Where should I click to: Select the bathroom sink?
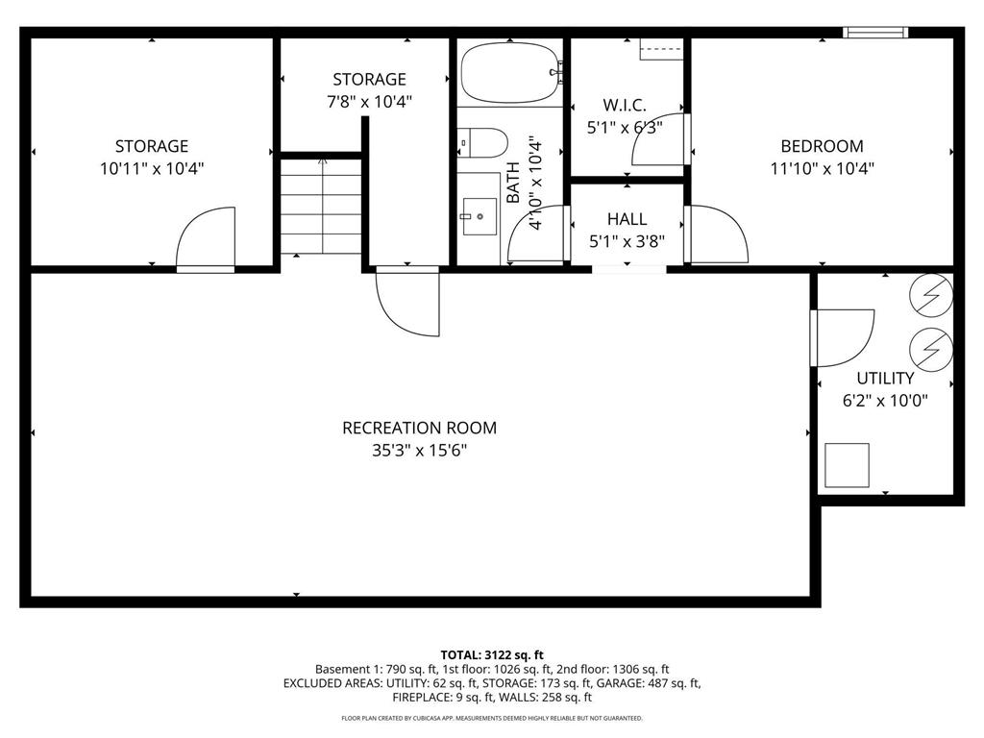click(x=479, y=216)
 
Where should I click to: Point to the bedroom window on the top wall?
click(x=875, y=33)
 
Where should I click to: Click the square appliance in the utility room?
click(x=847, y=465)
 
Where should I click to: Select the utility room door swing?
click(x=842, y=336)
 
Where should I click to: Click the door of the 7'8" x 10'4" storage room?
click(x=408, y=303)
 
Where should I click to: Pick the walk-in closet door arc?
click(x=660, y=141)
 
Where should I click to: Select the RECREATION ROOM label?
click(x=419, y=428)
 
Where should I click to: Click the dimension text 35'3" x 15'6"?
click(x=419, y=450)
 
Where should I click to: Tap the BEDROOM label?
click(x=822, y=146)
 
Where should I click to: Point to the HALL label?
click(x=627, y=220)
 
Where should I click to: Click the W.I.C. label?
click(x=625, y=105)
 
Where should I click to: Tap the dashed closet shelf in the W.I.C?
click(x=661, y=49)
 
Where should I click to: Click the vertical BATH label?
click(x=513, y=183)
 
